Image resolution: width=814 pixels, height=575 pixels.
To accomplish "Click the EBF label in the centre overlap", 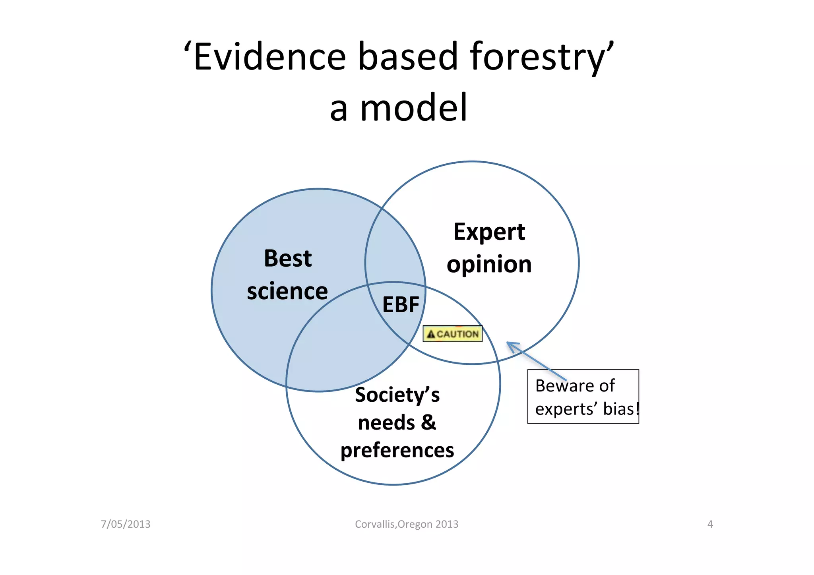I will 401,305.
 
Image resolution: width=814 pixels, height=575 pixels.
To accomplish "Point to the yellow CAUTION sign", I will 452,334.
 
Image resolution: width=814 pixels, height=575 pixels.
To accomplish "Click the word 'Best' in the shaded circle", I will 288,258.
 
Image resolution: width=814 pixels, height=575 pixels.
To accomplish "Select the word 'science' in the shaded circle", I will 287,291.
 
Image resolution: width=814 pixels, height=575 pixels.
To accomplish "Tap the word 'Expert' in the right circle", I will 489,232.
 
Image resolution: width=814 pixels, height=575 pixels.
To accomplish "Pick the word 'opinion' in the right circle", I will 489,265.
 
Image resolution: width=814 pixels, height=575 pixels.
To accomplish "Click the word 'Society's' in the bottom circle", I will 397,395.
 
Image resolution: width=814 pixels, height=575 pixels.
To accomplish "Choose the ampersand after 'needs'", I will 428,422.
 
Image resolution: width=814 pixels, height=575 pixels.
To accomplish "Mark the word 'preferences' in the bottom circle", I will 397,451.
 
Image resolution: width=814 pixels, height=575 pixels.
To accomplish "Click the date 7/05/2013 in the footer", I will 126,524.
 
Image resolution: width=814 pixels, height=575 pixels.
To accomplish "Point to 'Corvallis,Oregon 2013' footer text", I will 406,524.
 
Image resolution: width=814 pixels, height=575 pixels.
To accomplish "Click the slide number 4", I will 710,524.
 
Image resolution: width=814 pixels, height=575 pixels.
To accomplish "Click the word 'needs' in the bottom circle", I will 386,422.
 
